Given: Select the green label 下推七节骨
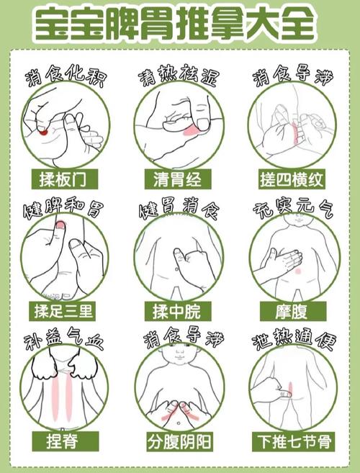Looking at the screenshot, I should coord(293,439).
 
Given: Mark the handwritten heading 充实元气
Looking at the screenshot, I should coord(293,210).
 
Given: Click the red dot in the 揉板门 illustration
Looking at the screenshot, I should coord(44,132).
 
